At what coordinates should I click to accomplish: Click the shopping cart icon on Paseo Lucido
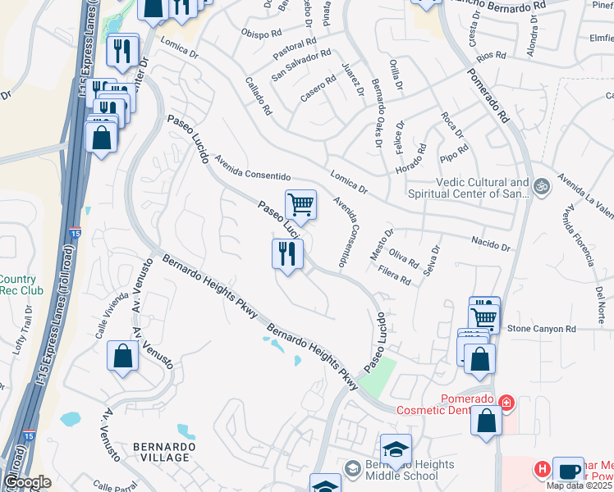pyautogui.click(x=301, y=204)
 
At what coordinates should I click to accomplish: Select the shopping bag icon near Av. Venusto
pyautogui.click(x=122, y=357)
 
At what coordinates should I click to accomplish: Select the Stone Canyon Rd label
pyautogui.click(x=542, y=328)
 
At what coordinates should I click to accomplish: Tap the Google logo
pyautogui.click(x=28, y=482)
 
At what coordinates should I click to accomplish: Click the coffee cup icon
pyautogui.click(x=568, y=471)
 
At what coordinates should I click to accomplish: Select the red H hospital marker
pyautogui.click(x=542, y=470)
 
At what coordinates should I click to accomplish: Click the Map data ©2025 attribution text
pyautogui.click(x=580, y=485)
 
